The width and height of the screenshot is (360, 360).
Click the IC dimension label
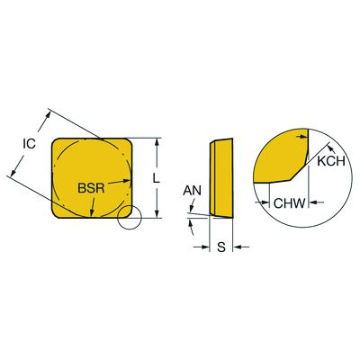pyautogui.click(x=30, y=144)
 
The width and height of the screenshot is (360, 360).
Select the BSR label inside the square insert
pyautogui.click(x=91, y=188)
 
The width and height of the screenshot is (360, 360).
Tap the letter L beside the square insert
pyautogui.click(x=156, y=178)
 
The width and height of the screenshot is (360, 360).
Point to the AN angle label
pyautogui.click(x=193, y=191)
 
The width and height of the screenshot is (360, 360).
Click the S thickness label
pyautogui.click(x=221, y=247)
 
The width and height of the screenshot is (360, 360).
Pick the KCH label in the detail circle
pyautogui.click(x=331, y=161)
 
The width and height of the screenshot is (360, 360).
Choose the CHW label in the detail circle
pyautogui.click(x=289, y=203)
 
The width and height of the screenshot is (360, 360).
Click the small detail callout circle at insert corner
pyautogui.click(x=129, y=218)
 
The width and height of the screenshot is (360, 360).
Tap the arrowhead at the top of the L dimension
pyautogui.click(x=157, y=142)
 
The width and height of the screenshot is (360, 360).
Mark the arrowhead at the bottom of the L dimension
pyautogui.click(x=157, y=214)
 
